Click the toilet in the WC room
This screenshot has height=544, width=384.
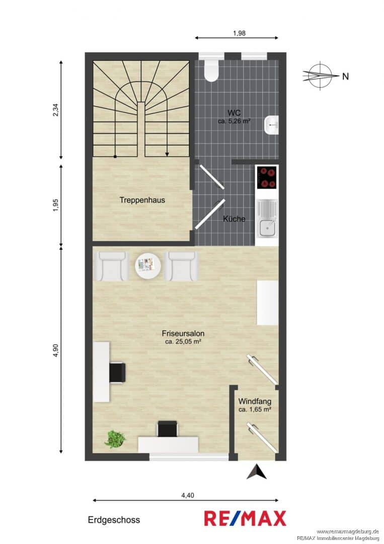[x=211, y=71]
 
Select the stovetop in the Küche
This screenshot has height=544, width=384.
[x=267, y=177]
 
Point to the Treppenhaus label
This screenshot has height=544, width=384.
[x=142, y=200]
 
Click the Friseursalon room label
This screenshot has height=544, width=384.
[x=183, y=333]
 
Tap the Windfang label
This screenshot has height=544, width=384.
[x=255, y=401]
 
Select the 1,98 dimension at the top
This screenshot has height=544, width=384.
[x=239, y=33]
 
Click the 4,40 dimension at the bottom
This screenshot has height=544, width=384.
[x=188, y=496]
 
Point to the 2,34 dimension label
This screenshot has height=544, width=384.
[x=56, y=110]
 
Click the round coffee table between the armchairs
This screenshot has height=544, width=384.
[x=148, y=265]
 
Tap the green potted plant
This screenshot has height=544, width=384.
[x=115, y=439]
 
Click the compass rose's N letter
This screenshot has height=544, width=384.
[x=346, y=77]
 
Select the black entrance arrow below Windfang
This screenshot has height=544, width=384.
[x=257, y=472]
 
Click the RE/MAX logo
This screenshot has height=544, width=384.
[x=245, y=519]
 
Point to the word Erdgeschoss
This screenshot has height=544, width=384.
[x=114, y=520]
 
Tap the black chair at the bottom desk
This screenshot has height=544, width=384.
[x=168, y=429]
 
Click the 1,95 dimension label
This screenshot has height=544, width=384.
[x=56, y=205]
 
